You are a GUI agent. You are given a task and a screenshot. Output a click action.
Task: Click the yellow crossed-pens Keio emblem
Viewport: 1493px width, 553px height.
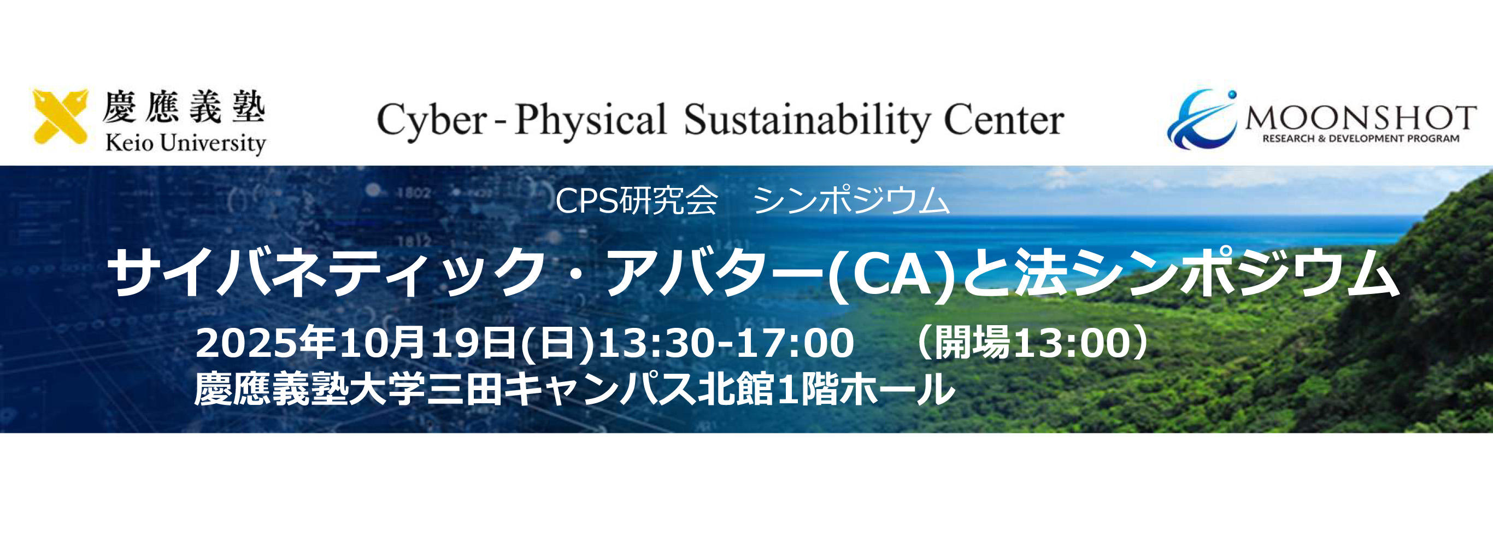tap(60, 116)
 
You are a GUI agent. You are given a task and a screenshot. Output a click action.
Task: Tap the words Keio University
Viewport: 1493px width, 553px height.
tap(185, 143)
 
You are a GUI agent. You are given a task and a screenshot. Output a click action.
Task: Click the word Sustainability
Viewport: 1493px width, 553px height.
tap(806, 121)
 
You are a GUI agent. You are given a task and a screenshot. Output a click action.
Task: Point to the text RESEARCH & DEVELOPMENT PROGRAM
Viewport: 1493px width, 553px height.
tap(1360, 139)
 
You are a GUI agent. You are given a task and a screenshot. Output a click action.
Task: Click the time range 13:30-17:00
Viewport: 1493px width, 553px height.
tap(726, 343)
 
